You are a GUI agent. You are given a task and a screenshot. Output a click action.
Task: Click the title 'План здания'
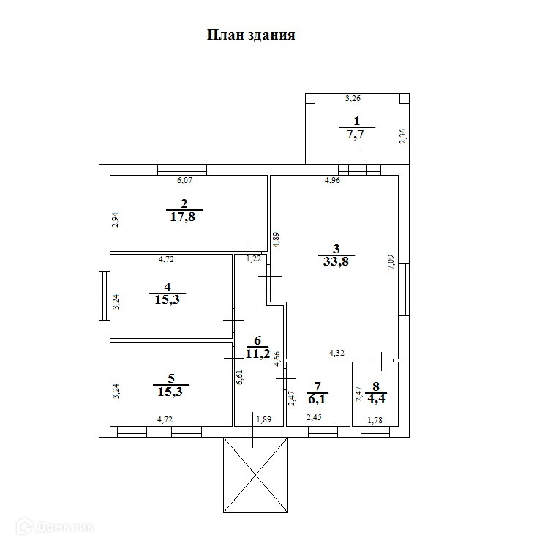coord(251,34)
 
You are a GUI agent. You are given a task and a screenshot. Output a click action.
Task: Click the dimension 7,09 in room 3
coord(391,263)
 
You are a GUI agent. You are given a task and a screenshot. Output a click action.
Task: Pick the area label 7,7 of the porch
coord(356,134)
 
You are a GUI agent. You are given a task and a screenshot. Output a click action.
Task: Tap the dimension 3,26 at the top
coord(353,98)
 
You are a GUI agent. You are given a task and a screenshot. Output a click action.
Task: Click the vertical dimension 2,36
coord(402,137)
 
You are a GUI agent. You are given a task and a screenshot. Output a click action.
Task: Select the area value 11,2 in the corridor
coord(257,354)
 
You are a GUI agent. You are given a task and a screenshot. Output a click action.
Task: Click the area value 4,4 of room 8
coord(375,399)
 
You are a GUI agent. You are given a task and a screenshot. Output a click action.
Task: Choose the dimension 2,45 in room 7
coord(314,418)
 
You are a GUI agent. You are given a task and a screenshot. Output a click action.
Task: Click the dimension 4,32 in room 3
coord(336,353)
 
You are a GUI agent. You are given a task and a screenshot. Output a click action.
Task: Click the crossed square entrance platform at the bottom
coord(255,475)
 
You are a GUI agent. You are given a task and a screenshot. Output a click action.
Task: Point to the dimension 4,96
coord(333,181)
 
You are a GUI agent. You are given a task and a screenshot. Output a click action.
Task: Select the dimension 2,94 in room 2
coord(116,220)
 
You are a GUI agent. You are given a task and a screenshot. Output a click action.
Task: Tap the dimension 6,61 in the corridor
coord(240,377)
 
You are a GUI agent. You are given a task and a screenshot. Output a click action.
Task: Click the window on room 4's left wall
coord(105,296)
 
